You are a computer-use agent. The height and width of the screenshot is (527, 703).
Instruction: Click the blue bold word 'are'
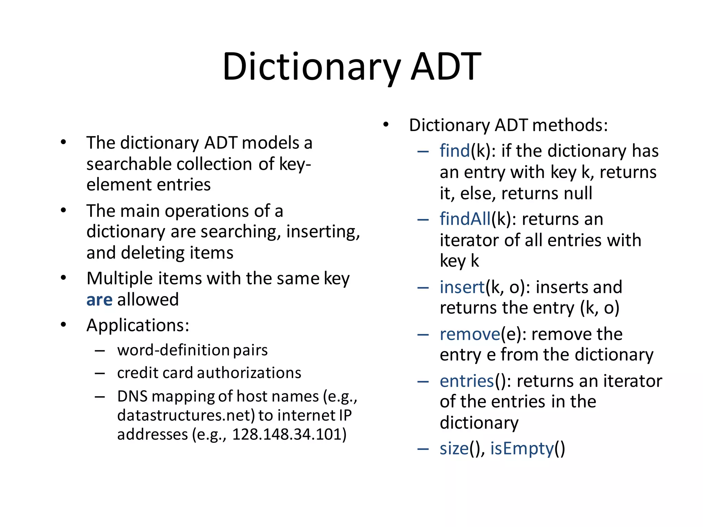[x=99, y=300]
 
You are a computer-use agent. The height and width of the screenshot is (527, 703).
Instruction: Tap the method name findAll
[x=465, y=219]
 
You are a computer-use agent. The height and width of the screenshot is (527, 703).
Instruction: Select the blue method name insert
[x=462, y=287]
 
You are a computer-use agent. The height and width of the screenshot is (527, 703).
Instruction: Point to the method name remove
[x=470, y=334]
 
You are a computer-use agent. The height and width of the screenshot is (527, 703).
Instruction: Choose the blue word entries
[x=466, y=381]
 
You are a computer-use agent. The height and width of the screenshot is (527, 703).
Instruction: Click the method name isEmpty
[x=522, y=449]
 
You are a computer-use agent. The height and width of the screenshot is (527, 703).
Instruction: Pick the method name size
[x=454, y=449]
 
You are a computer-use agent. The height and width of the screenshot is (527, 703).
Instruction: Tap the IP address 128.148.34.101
[x=289, y=434]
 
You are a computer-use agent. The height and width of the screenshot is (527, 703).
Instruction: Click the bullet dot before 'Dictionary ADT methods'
[x=386, y=125]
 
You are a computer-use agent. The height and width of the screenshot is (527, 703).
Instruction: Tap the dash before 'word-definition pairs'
[x=100, y=351]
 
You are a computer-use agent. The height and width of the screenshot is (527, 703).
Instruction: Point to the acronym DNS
[x=132, y=397]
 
